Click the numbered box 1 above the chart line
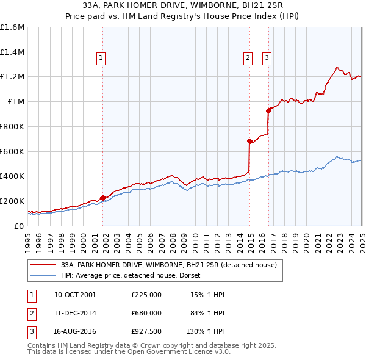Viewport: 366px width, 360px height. (x=101, y=59)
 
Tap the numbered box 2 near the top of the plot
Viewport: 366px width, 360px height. (x=248, y=59)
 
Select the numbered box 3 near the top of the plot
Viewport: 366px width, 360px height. (x=267, y=59)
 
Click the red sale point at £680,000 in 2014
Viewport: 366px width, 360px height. (x=249, y=141)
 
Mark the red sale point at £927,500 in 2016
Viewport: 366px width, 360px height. (x=268, y=110)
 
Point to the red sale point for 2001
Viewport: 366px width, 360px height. (x=103, y=198)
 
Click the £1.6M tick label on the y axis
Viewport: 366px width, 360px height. (x=12, y=27)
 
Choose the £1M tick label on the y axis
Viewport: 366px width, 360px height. (x=16, y=102)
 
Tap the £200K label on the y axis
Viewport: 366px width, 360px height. (x=12, y=201)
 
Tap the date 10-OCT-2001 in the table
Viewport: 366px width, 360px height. (x=75, y=295)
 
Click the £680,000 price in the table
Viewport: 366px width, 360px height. (x=146, y=312)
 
